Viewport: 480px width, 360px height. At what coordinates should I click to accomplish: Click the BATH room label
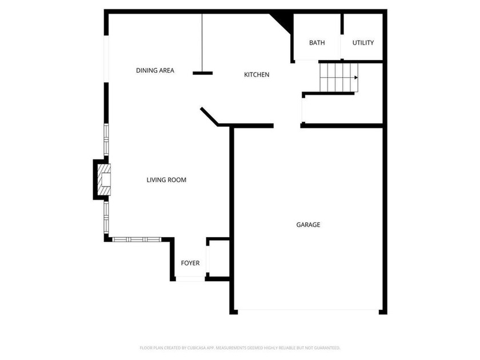click(x=317, y=42)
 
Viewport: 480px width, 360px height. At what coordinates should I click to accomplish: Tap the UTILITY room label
click(x=363, y=42)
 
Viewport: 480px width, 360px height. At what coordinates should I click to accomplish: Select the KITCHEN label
click(x=257, y=74)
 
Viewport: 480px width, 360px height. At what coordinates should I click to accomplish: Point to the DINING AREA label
click(x=155, y=70)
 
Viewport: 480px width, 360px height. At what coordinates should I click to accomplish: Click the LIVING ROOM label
click(x=166, y=179)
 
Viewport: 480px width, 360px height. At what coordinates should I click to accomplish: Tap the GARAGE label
click(x=308, y=225)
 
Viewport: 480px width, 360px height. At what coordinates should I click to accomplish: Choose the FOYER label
click(x=190, y=263)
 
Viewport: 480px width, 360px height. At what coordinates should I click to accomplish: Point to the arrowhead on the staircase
click(x=356, y=78)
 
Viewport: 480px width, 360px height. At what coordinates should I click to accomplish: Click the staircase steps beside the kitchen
click(x=339, y=78)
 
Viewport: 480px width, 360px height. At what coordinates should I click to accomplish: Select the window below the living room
click(x=137, y=239)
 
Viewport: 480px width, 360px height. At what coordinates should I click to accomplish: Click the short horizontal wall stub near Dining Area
click(x=203, y=73)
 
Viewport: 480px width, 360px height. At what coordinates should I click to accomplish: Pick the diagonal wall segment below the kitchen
click(x=209, y=117)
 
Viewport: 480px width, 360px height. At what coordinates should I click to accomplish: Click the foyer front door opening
click(x=190, y=279)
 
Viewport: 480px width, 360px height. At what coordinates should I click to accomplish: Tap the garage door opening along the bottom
click(x=308, y=310)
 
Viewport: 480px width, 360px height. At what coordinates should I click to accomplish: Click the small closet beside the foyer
click(x=218, y=259)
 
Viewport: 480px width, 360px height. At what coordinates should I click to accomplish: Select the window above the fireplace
click(x=106, y=139)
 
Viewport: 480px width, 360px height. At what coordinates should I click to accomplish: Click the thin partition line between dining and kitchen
click(x=202, y=42)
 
